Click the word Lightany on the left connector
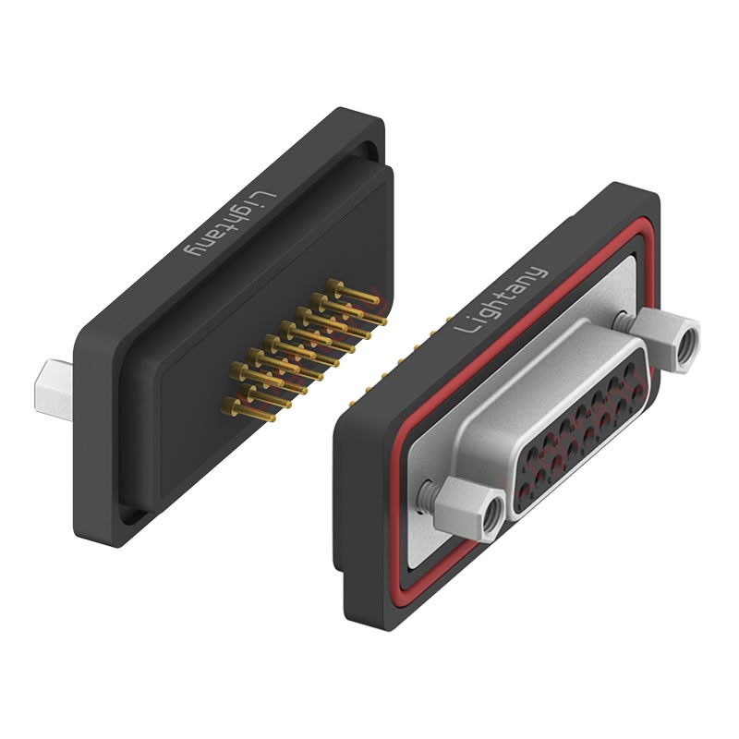(229, 224)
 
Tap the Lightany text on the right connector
(501, 300)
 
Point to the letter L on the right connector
(464, 326)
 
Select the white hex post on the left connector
(54, 390)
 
